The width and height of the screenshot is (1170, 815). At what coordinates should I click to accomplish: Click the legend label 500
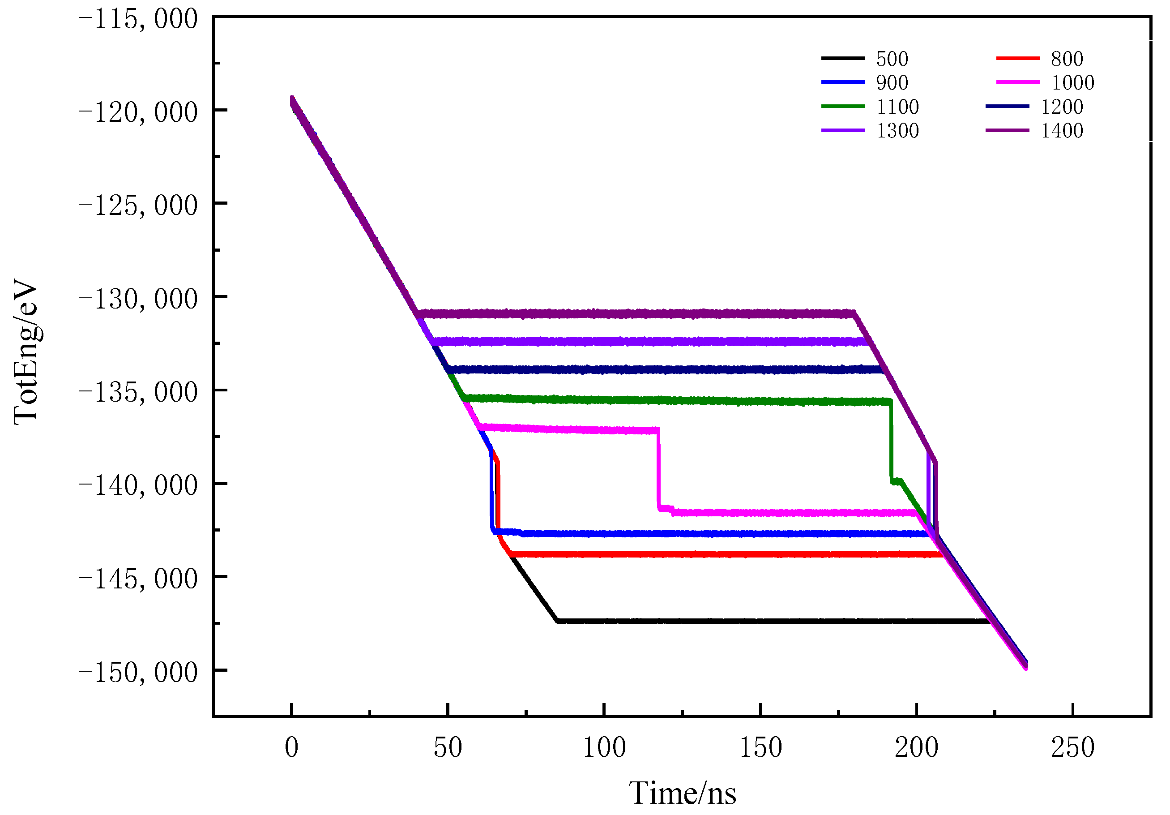(x=892, y=59)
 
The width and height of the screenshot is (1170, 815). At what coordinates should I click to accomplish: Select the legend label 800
(x=1067, y=59)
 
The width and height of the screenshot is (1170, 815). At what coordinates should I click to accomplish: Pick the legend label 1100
(x=897, y=107)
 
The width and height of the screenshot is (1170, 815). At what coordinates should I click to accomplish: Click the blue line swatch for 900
(x=843, y=82)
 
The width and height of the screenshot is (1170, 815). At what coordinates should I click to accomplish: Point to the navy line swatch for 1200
(x=1007, y=106)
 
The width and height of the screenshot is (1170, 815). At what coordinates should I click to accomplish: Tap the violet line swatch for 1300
(x=843, y=130)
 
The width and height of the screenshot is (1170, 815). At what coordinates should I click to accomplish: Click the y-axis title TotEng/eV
(x=26, y=351)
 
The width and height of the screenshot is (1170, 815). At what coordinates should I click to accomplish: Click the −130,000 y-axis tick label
(x=137, y=299)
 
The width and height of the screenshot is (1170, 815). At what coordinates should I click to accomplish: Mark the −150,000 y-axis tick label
(x=137, y=672)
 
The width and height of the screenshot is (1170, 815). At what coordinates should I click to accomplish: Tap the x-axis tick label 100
(x=604, y=748)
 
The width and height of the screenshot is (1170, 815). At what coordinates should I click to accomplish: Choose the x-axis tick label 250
(x=1073, y=748)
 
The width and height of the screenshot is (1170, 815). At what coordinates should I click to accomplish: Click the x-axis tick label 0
(x=291, y=748)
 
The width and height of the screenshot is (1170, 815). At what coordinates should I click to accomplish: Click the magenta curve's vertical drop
(x=658, y=469)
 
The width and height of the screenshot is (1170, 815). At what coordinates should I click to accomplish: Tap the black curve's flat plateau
(x=764, y=621)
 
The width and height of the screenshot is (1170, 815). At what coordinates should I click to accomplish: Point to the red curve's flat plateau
(x=713, y=554)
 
